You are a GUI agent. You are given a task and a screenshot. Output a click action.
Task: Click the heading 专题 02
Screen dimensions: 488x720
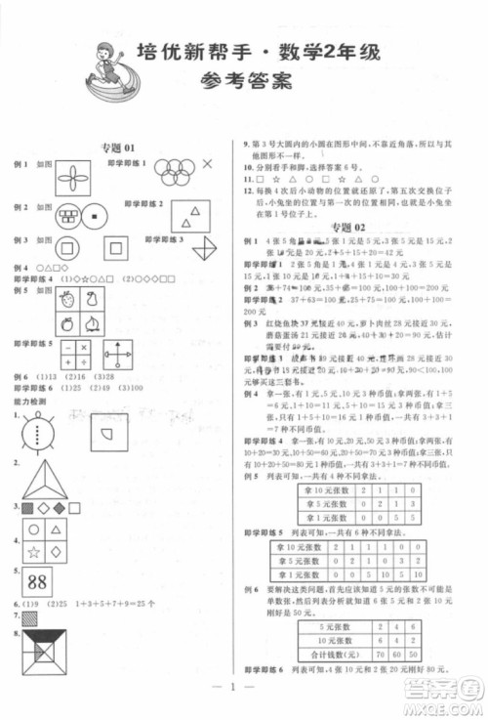346,227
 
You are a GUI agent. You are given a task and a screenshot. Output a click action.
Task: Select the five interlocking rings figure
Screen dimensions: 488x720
176,174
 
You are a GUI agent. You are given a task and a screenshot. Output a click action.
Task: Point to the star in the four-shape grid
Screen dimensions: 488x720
30,553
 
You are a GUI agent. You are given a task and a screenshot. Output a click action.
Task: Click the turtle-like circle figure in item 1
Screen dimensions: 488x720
39,429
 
